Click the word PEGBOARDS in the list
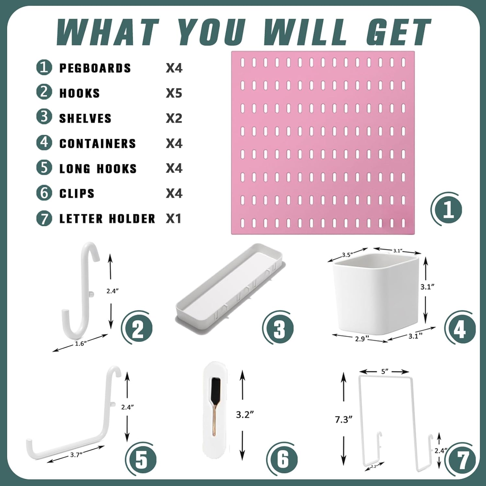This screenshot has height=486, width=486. click(95, 68)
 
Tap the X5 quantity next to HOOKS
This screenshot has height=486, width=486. click(174, 93)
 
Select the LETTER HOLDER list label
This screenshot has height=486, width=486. click(107, 219)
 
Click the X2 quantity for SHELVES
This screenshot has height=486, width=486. click(174, 118)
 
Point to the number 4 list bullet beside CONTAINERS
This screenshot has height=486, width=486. click(44, 143)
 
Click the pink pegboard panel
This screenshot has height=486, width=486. click(322, 143)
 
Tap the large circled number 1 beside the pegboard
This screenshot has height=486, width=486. click(448, 209)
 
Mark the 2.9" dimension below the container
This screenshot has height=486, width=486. click(360, 339)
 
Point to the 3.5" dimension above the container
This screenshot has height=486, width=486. click(347, 255)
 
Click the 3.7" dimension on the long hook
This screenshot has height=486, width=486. click(76, 455)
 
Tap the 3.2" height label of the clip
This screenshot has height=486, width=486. click(245, 415)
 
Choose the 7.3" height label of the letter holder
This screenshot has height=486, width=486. click(343, 420)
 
